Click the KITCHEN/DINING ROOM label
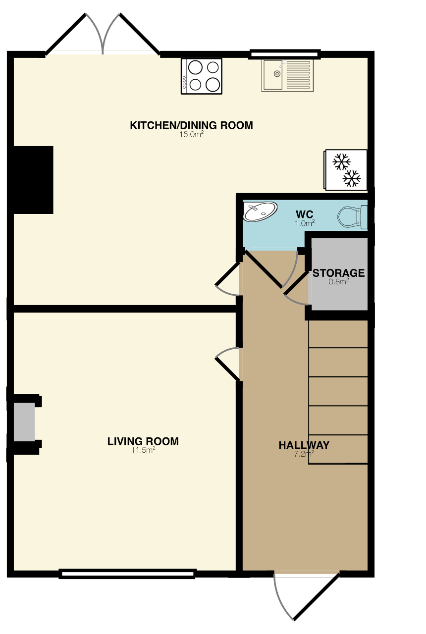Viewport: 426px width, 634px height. (191, 125)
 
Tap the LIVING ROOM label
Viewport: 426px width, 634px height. (143, 441)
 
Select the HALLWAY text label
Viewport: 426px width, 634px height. (304, 445)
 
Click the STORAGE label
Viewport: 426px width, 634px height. (338, 273)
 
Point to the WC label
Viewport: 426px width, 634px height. (304, 214)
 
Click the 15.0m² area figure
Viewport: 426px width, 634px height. (191, 134)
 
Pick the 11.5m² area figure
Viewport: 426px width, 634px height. (143, 450)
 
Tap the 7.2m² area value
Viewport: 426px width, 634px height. (304, 453)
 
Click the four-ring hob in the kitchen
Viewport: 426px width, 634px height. (202, 76)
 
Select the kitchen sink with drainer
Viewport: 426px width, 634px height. (287, 76)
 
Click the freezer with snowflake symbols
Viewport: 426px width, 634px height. (345, 169)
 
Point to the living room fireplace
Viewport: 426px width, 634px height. (24, 422)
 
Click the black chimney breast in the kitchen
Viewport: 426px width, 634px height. (33, 180)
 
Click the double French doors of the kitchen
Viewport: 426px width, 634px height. (103, 35)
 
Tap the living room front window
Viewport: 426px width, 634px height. (127, 574)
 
